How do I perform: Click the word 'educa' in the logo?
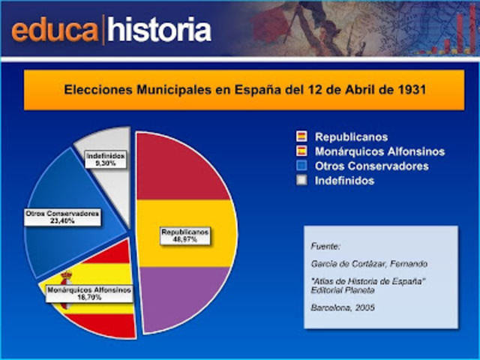(55, 31)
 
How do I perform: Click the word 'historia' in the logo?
(158, 31)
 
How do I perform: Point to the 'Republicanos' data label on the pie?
(184, 236)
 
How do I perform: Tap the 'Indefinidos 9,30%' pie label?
(105, 159)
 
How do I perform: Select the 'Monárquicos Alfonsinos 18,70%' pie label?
(88, 292)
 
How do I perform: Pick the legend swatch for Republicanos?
(301, 137)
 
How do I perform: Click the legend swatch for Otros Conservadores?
(301, 166)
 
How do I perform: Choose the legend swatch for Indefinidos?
(301, 180)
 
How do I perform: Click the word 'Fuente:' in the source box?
(325, 245)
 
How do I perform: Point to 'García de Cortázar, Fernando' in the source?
(367, 263)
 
